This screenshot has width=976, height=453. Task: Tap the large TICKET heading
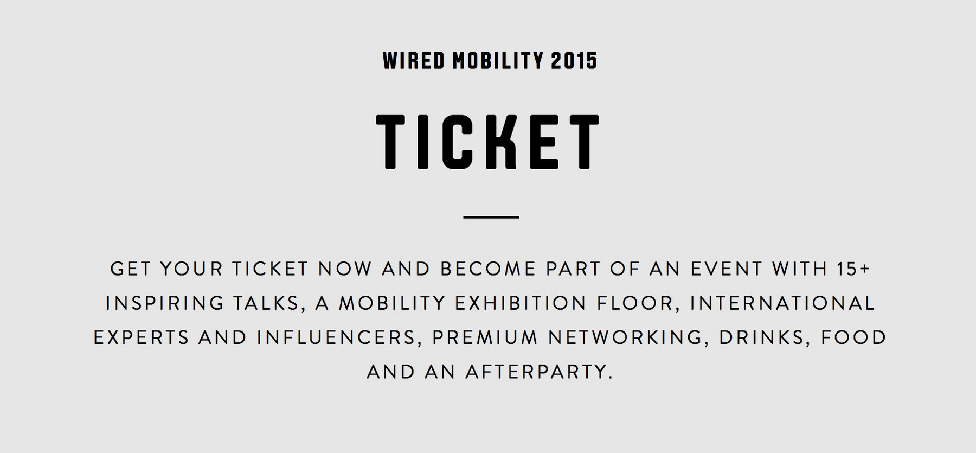coord(488,142)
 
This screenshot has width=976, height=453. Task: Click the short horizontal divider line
coord(491,217)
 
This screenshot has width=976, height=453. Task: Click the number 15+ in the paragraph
coord(850,269)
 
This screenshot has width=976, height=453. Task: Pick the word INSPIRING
coord(165,303)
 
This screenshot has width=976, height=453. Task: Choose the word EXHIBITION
coord(521,303)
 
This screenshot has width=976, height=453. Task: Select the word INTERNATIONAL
coord(782,303)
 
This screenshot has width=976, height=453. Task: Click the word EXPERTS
coord(142,337)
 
